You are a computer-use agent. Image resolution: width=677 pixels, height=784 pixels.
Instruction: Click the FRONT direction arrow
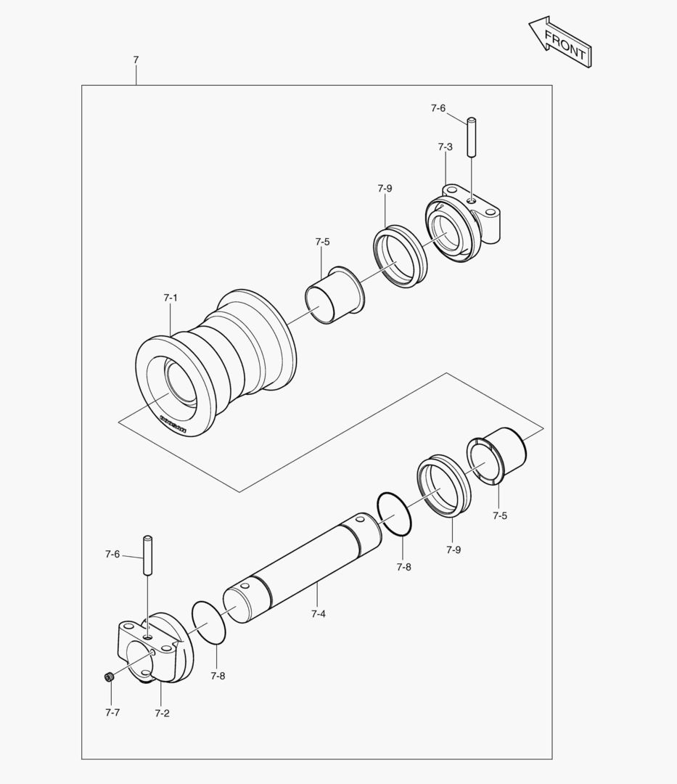click(561, 44)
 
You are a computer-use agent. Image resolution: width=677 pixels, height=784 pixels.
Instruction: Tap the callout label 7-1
click(171, 298)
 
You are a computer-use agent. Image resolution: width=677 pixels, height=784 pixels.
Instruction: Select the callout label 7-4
click(318, 614)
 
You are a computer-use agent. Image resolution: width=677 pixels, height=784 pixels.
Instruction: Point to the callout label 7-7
click(112, 712)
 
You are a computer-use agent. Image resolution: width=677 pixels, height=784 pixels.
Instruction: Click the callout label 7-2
click(162, 713)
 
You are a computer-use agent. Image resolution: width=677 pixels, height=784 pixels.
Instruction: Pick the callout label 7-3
click(445, 147)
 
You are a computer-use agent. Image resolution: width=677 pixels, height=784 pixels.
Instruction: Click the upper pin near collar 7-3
click(471, 136)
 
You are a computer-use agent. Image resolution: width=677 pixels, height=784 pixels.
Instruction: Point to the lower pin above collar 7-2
click(148, 555)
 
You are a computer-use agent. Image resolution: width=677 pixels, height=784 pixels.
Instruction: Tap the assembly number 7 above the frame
click(136, 60)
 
